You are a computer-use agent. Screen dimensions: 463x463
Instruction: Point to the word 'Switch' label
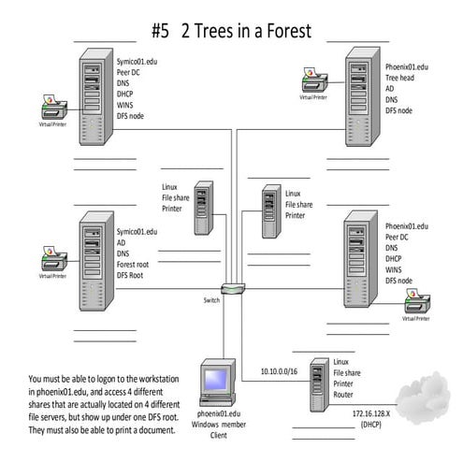[211, 301]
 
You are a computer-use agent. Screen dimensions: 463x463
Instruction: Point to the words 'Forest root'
[137, 265]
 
